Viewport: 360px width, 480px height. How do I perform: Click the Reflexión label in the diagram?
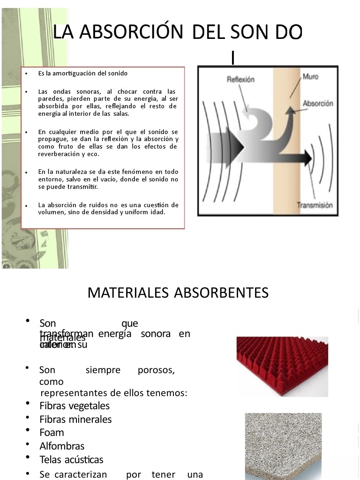click(x=240, y=80)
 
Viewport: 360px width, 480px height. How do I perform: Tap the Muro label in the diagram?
click(x=310, y=76)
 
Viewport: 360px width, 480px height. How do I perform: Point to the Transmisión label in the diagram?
click(x=315, y=205)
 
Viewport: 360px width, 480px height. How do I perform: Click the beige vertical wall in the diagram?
click(x=281, y=187)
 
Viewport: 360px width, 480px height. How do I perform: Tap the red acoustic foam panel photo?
click(x=282, y=366)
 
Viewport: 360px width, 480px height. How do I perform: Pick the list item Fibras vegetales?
click(x=75, y=405)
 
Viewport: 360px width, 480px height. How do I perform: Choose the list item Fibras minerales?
click(x=75, y=419)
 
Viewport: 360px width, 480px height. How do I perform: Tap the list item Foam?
click(x=52, y=432)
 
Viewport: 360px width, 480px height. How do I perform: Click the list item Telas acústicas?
click(x=71, y=459)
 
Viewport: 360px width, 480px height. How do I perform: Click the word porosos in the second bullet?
click(x=157, y=370)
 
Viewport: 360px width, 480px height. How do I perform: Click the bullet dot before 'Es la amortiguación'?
click(x=27, y=74)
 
